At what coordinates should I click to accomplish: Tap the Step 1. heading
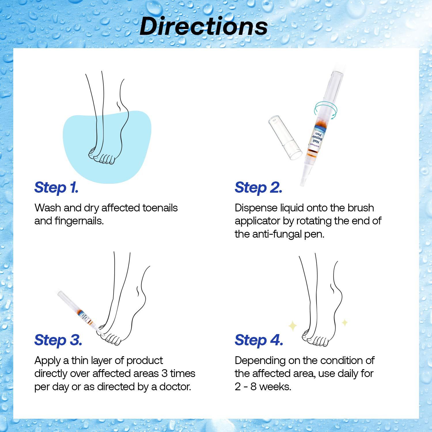pyautogui.click(x=56, y=187)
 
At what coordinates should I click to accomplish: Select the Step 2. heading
pyautogui.click(x=258, y=187)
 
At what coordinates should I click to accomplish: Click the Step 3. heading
pyautogui.click(x=58, y=340)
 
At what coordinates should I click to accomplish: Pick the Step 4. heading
pyautogui.click(x=259, y=340)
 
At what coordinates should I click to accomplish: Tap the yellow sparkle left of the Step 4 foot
pyautogui.click(x=293, y=326)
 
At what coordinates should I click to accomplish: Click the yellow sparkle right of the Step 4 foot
pyautogui.click(x=345, y=322)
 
